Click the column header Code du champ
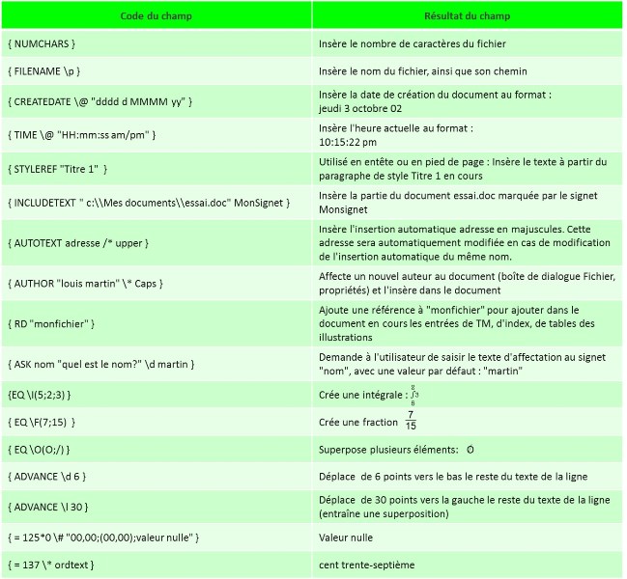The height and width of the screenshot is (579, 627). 157,15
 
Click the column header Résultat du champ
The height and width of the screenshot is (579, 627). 468,15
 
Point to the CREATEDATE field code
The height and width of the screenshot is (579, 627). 100,100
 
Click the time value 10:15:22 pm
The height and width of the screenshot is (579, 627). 348,142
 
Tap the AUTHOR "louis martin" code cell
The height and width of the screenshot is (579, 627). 85,284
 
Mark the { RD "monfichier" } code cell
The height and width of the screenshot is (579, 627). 50,322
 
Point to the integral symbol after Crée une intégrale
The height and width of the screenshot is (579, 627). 413,395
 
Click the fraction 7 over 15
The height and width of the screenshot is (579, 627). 412,421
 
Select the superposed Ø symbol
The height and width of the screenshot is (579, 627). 470,450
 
